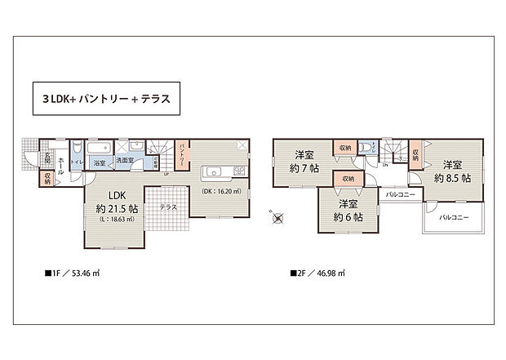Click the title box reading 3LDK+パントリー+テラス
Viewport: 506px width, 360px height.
click(x=103, y=100)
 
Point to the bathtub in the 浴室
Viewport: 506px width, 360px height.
click(x=98, y=149)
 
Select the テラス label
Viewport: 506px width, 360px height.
click(x=169, y=207)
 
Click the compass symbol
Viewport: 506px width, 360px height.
click(x=279, y=218)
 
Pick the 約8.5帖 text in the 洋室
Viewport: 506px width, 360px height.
click(x=451, y=177)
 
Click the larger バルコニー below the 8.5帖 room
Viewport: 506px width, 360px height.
click(x=454, y=218)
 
